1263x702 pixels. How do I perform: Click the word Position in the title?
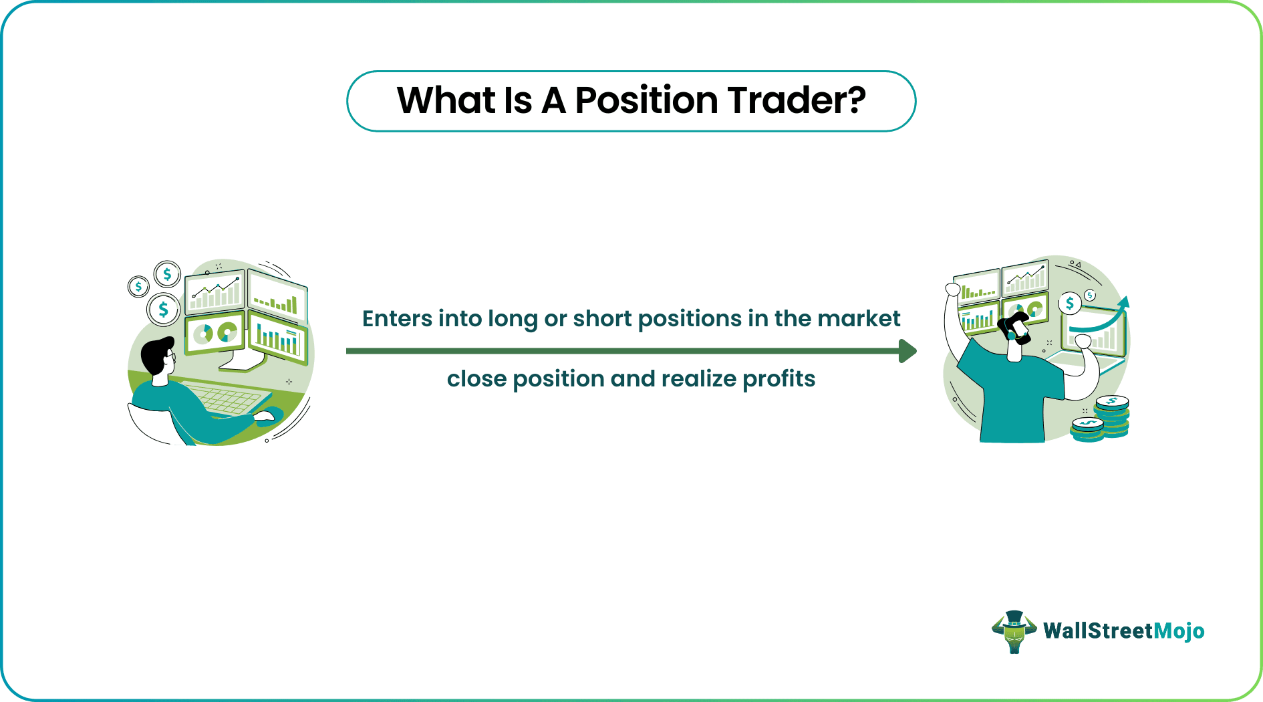tap(646, 101)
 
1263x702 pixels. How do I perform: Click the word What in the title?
tap(446, 101)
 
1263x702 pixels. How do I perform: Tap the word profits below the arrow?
tap(779, 379)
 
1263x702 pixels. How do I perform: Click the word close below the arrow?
tap(476, 379)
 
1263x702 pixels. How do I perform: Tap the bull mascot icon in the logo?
tap(1014, 631)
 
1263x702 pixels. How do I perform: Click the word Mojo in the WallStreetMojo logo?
tap(1179, 631)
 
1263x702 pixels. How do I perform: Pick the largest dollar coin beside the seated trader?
tap(163, 310)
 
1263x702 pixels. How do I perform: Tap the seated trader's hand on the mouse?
tap(265, 417)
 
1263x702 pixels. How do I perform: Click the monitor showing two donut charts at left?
tap(215, 332)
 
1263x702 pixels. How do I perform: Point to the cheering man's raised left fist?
tap(952, 289)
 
